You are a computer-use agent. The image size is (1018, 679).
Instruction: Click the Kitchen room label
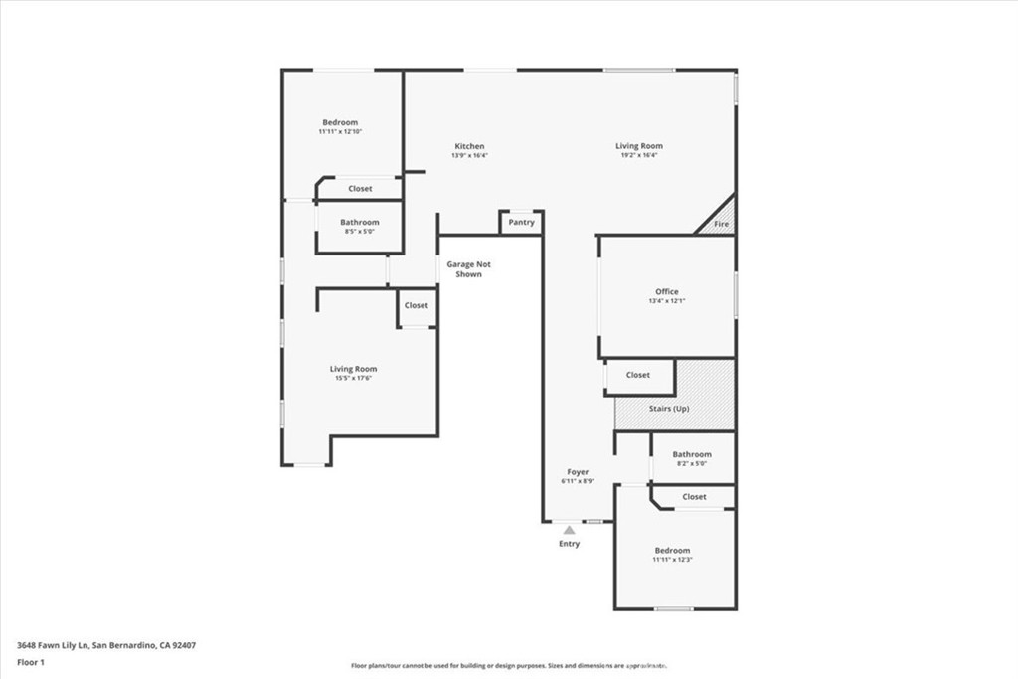coord(469,146)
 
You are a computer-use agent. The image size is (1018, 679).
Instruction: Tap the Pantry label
coord(521,223)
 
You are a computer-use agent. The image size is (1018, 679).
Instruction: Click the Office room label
coord(666,291)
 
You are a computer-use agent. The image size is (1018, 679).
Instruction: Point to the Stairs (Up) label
coord(669,409)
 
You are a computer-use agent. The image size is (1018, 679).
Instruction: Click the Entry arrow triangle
coord(569,531)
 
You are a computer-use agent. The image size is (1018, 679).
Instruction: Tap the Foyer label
coord(578,472)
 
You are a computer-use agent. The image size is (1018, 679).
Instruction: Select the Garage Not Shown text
coord(468,269)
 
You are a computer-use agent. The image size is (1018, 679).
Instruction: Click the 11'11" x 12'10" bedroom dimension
coord(340,131)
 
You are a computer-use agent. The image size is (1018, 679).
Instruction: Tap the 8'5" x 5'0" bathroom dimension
coord(359,232)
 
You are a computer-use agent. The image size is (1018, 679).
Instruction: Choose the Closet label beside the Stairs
coord(638,375)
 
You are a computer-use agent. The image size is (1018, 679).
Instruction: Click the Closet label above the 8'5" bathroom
coord(360,189)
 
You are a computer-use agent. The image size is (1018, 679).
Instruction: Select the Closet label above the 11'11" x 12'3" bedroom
coord(694,497)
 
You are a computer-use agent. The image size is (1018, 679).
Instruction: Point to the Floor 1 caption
coord(33,661)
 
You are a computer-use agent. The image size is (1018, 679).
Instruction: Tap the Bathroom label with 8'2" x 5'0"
coord(692,454)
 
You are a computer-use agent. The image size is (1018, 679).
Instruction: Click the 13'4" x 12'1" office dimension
coord(666,301)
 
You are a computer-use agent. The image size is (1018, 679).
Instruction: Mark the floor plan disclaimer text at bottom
coord(508,666)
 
